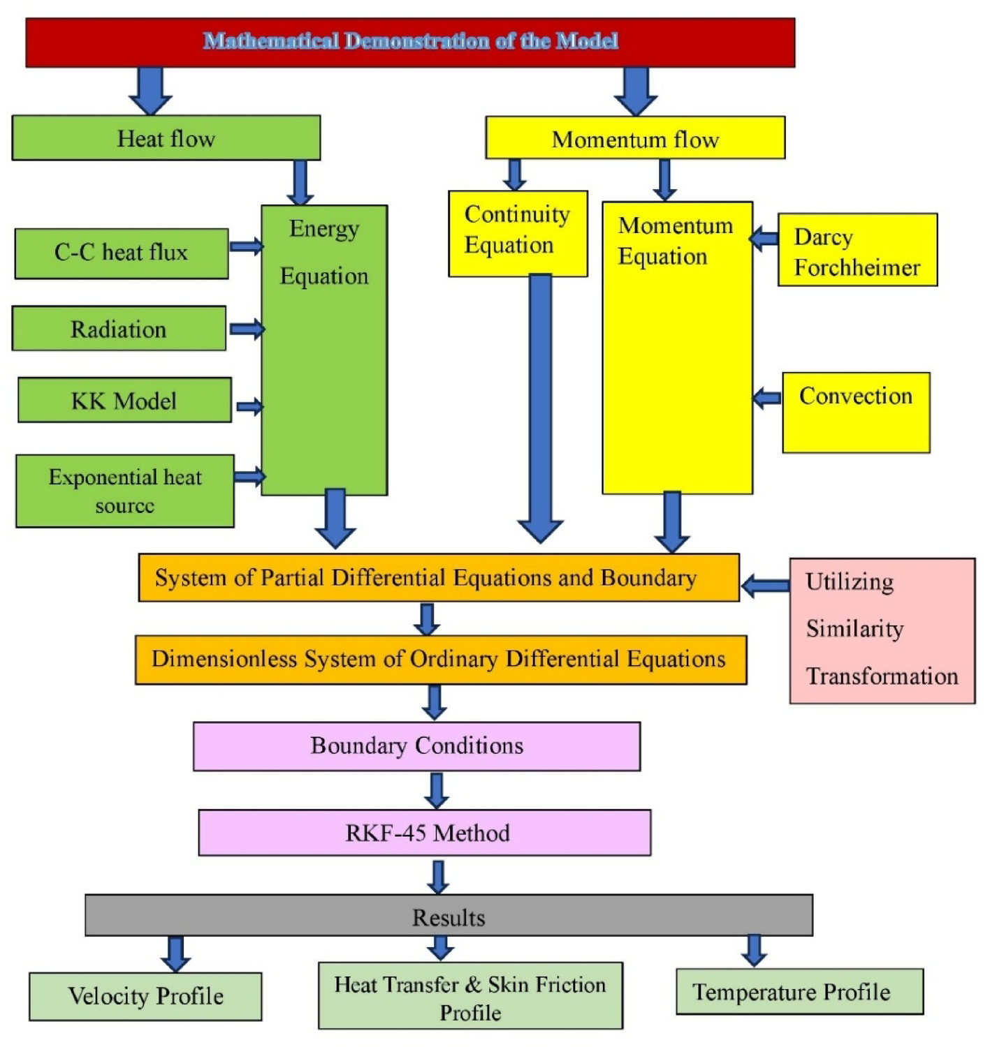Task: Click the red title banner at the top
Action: (x=410, y=43)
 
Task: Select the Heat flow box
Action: (x=166, y=138)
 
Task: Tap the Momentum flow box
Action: (x=635, y=138)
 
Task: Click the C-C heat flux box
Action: (x=122, y=253)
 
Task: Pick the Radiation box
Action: (x=119, y=329)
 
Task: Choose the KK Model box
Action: (x=124, y=401)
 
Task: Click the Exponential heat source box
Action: (x=125, y=491)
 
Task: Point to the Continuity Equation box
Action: (x=518, y=233)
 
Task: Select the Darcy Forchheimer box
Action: (x=857, y=251)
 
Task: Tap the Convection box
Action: (x=856, y=413)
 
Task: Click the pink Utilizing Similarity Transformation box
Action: (x=882, y=630)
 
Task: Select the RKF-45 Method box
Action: (x=425, y=833)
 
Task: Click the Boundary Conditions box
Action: (x=416, y=746)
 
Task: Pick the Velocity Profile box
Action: (x=145, y=997)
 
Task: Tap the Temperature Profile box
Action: (x=799, y=992)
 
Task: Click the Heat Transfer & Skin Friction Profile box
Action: (x=470, y=996)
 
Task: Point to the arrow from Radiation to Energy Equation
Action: (x=247, y=329)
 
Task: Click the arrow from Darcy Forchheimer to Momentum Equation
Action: (x=765, y=239)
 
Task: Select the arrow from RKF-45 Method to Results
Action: (x=438, y=877)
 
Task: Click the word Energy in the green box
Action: (x=324, y=229)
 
